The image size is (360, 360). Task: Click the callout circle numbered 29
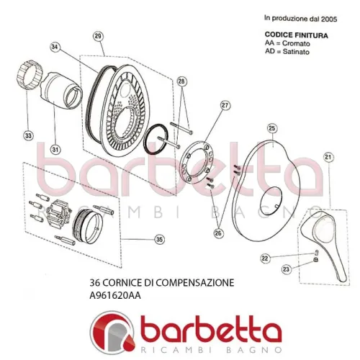(98, 37)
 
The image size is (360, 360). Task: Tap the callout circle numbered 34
(55, 47)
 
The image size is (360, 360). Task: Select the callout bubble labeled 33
(28, 135)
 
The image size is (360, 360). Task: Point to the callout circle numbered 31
(55, 150)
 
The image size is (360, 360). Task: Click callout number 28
(181, 81)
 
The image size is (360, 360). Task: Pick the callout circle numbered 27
(225, 106)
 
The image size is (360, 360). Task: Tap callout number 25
(271, 128)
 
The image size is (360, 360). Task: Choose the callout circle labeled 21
(328, 157)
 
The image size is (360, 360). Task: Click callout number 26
(218, 233)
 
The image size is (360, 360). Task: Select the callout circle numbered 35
(159, 239)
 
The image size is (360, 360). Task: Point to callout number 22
(265, 258)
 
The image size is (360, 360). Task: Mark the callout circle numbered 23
(286, 269)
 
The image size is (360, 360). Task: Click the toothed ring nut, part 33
(30, 75)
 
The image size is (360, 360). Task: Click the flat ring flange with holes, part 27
(197, 162)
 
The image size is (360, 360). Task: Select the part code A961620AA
(115, 295)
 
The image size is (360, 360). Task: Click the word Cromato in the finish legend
(296, 43)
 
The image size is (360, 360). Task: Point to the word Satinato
(296, 52)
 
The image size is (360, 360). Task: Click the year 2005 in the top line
(329, 19)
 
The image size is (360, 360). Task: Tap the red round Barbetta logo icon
(112, 332)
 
